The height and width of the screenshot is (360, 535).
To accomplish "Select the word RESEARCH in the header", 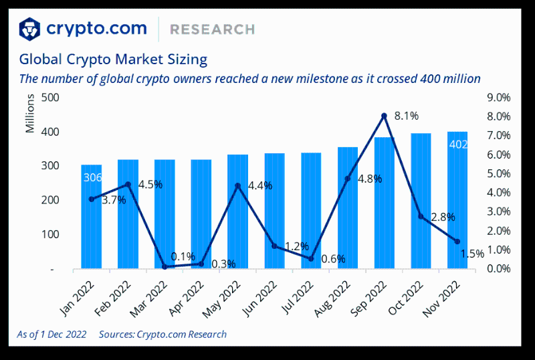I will pyautogui.click(x=212, y=29).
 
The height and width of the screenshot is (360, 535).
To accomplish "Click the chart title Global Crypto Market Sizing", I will pyautogui.click(x=113, y=59).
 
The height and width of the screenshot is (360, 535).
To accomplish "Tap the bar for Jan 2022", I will pyautogui.click(x=92, y=221).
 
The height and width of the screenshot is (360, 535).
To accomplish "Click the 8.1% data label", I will pyautogui.click(x=407, y=116).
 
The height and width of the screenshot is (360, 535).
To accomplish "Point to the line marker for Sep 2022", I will pyautogui.click(x=384, y=116).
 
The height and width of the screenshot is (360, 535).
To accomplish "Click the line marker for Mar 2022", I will pyautogui.click(x=165, y=267).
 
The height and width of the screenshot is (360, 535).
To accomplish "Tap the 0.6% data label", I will pyautogui.click(x=333, y=259).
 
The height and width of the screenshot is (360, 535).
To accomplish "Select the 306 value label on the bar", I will pyautogui.click(x=92, y=178).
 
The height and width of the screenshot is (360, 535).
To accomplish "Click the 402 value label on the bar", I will pyautogui.click(x=458, y=145).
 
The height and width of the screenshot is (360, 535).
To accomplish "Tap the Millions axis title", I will pyautogui.click(x=30, y=115).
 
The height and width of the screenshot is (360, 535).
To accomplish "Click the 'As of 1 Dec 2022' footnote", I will pyautogui.click(x=51, y=334).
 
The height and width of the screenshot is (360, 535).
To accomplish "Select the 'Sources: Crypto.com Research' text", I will pyautogui.click(x=163, y=334).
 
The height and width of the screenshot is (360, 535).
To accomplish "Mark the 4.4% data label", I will pyautogui.click(x=259, y=185).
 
